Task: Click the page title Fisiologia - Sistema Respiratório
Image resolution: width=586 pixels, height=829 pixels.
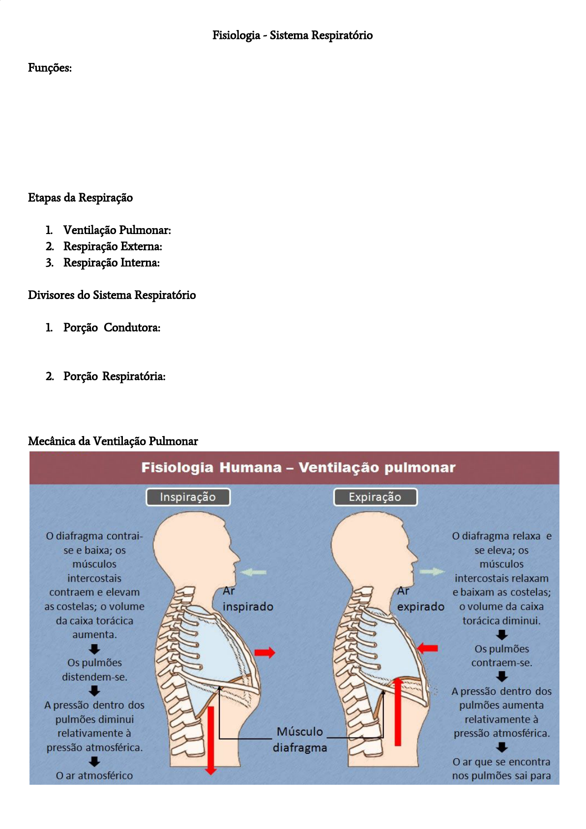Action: tap(293, 35)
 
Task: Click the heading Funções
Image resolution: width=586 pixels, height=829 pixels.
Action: tap(50, 68)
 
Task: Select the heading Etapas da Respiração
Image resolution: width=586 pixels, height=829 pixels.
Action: tap(80, 198)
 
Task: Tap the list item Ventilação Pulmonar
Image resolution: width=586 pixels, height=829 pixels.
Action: tap(117, 230)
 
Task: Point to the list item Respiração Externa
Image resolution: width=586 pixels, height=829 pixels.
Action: tap(113, 246)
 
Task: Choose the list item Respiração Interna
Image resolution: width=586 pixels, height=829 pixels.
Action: tap(111, 263)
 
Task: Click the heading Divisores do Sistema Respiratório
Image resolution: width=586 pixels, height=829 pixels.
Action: tap(112, 295)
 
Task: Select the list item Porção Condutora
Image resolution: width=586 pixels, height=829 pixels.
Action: tap(112, 327)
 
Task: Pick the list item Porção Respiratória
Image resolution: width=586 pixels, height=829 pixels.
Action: tap(114, 376)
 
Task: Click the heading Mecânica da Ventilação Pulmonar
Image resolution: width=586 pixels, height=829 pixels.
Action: tap(113, 441)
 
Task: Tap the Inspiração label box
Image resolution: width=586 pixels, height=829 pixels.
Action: tap(188, 497)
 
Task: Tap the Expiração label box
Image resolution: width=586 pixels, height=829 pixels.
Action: tap(375, 497)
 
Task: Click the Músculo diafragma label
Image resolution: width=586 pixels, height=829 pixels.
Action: tap(300, 739)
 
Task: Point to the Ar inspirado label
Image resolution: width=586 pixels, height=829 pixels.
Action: tap(247, 599)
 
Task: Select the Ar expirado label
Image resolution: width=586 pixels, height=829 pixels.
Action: tap(420, 599)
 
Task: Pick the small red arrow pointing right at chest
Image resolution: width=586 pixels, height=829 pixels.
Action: tap(264, 652)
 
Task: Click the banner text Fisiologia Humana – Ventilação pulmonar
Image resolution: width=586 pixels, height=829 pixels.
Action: tap(298, 468)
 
